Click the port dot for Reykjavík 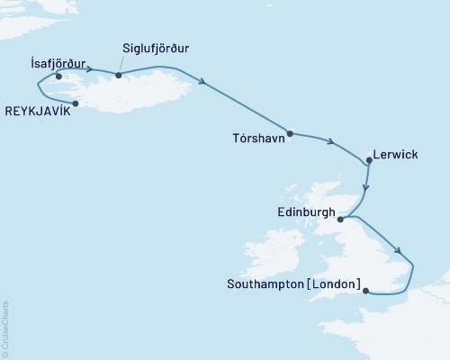tap(76, 103)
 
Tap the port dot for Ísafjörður tap(58, 76)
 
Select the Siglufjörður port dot tap(119, 75)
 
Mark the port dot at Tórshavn tap(290, 133)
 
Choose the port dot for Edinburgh tap(340, 218)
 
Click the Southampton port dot tap(365, 290)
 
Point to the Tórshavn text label tap(259, 144)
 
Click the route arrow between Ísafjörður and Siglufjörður tap(90, 68)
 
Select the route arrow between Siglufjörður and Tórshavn tap(205, 84)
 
